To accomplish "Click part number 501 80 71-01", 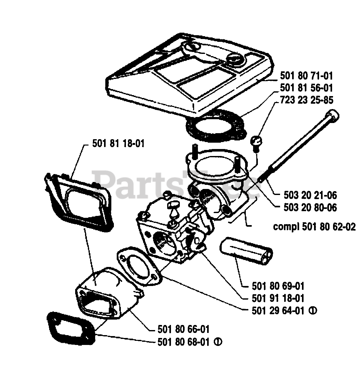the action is click(x=307, y=76).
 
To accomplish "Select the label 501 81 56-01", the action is click(x=307, y=88).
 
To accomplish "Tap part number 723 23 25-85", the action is click(x=307, y=100).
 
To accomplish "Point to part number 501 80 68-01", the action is click(x=184, y=342).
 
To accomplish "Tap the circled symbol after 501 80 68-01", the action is click(x=218, y=342).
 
